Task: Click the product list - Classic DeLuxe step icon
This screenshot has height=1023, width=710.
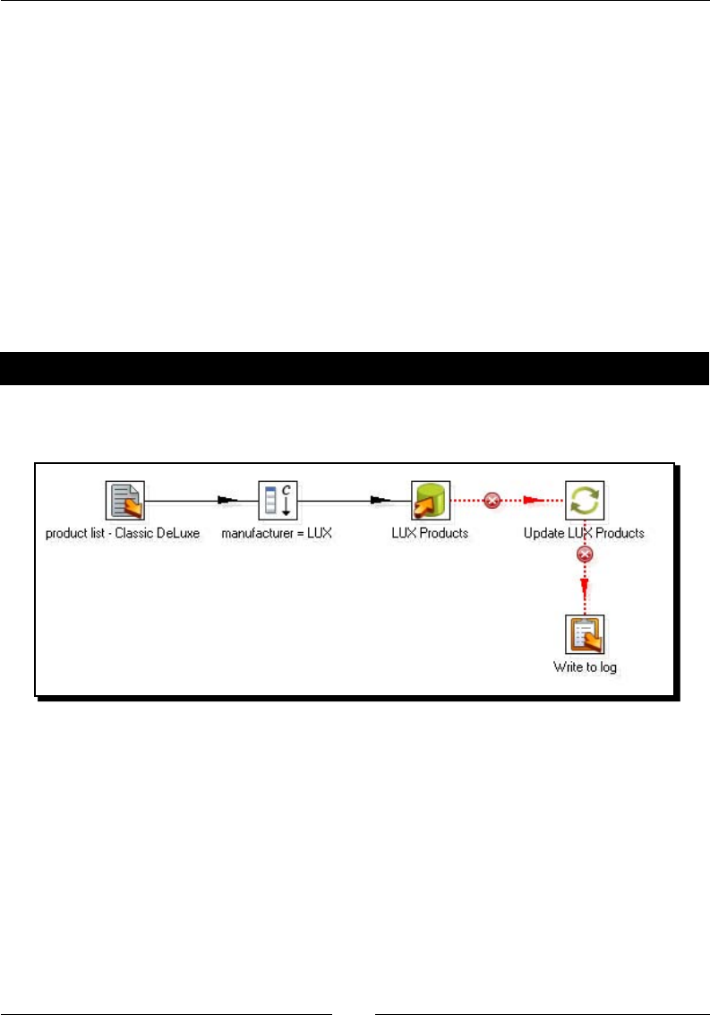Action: (x=124, y=500)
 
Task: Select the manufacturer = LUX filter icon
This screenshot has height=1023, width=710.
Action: (x=278, y=500)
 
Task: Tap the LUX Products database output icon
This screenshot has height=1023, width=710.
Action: (x=431, y=500)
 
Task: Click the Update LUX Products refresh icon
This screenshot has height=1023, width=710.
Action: (x=584, y=500)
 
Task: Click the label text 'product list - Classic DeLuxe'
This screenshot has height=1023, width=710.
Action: (x=123, y=533)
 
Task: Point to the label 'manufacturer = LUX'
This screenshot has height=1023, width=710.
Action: (x=277, y=533)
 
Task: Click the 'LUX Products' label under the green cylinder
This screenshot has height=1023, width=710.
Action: (x=430, y=533)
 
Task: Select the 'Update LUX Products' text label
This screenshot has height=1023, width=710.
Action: (x=584, y=533)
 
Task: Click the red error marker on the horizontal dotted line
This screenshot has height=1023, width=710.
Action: (x=491, y=501)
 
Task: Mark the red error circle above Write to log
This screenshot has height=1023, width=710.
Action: (x=585, y=555)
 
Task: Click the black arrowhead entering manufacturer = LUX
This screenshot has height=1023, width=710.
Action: (x=229, y=501)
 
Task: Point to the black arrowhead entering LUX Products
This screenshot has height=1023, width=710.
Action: (x=382, y=501)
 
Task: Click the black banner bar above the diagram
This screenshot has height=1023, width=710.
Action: (x=355, y=368)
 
